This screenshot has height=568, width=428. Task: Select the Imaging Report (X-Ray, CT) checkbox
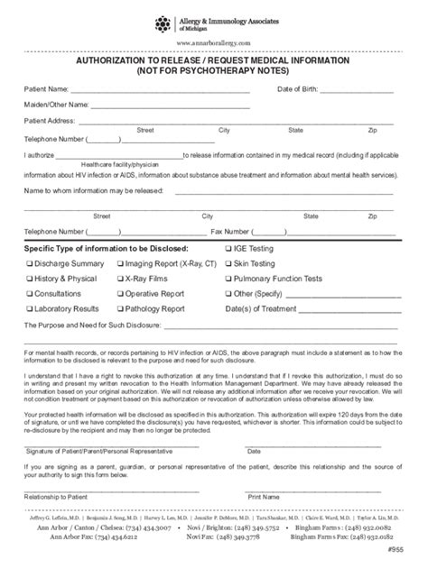click(120, 263)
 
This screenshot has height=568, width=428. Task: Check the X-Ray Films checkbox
click(120, 279)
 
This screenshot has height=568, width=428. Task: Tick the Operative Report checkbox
click(120, 294)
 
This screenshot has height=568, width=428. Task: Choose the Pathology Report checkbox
click(120, 308)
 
